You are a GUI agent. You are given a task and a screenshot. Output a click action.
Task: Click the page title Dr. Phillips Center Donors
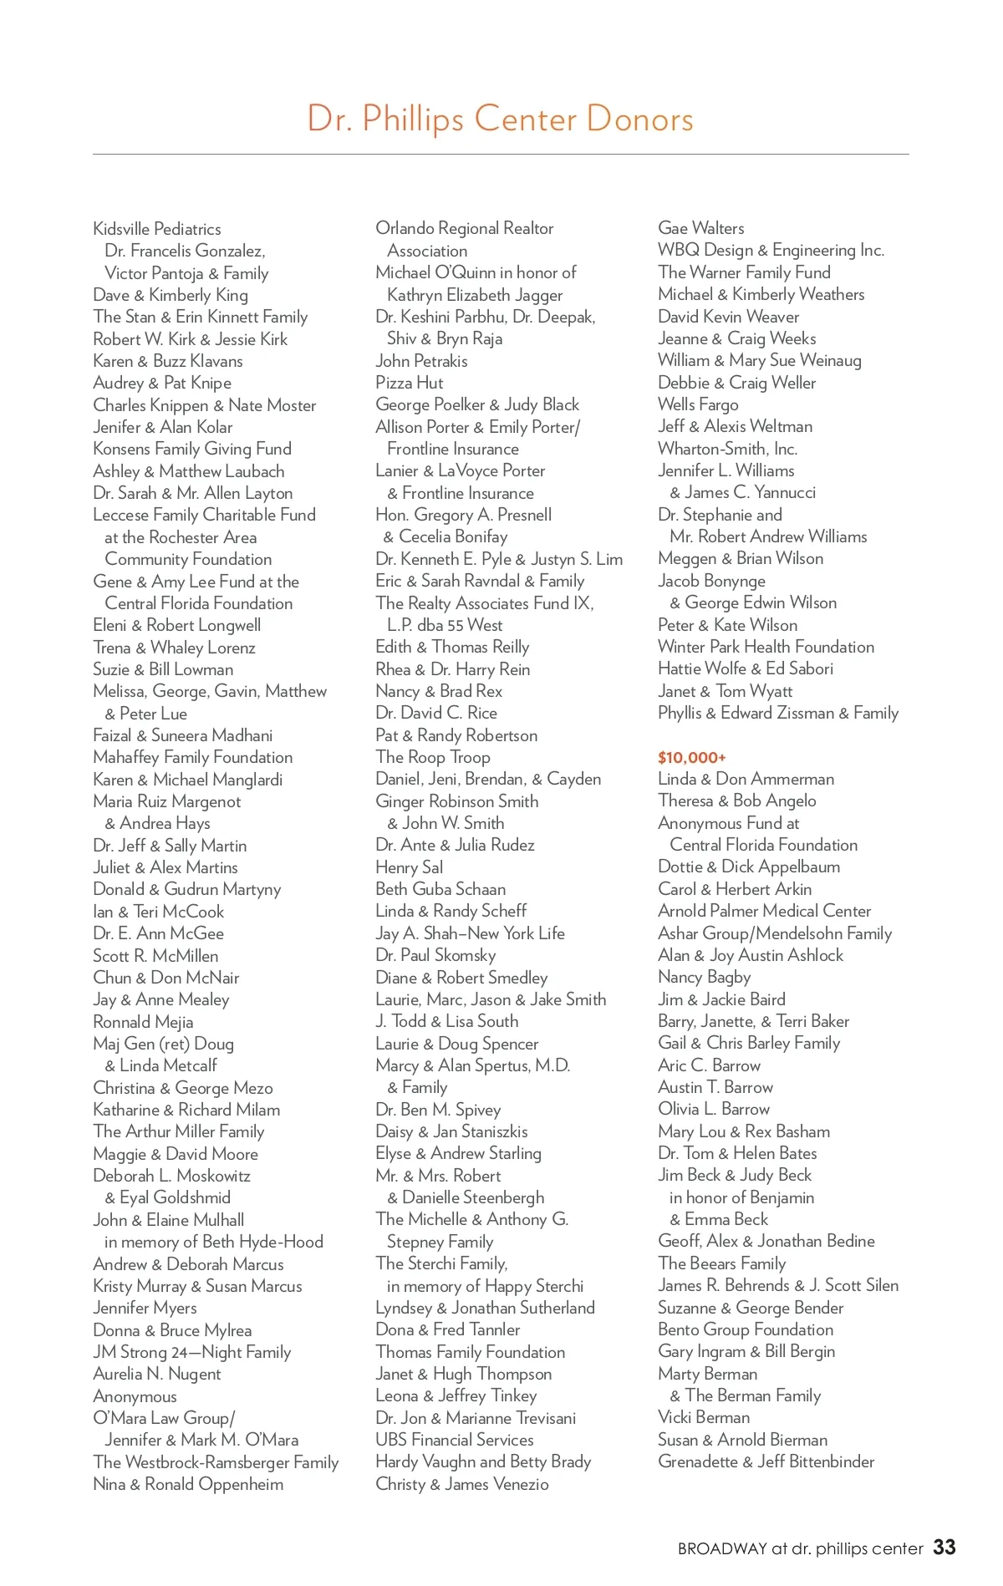point(500,119)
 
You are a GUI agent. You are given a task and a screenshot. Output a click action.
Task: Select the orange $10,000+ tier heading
point(691,758)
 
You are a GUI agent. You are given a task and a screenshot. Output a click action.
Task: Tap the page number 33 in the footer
point(944,1548)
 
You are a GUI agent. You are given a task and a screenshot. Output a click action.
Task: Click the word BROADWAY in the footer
point(722,1548)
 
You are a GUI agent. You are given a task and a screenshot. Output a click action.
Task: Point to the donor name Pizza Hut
point(410,383)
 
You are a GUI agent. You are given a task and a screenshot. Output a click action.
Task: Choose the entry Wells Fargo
point(698,404)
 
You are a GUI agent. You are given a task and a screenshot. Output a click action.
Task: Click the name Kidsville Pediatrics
point(157,229)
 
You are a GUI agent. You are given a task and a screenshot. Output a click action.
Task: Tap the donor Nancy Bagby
point(704,977)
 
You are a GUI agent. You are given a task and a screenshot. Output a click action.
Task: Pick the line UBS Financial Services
point(455,1440)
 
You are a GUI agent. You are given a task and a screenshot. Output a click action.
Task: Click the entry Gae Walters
point(700,228)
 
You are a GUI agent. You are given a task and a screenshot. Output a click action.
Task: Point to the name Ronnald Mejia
point(143,1022)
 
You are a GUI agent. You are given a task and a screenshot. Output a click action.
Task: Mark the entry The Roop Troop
point(433,757)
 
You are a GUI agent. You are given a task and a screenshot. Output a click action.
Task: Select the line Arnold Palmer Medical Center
point(764,911)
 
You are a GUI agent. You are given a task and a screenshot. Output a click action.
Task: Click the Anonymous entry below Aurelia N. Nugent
point(135,1396)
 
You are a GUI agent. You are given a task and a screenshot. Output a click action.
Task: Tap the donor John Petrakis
point(421,361)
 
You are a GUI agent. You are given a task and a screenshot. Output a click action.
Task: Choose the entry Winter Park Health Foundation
point(766,647)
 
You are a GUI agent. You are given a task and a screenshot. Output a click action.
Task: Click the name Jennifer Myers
point(145,1308)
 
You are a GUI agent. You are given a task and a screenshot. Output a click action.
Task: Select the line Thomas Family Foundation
point(470,1352)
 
